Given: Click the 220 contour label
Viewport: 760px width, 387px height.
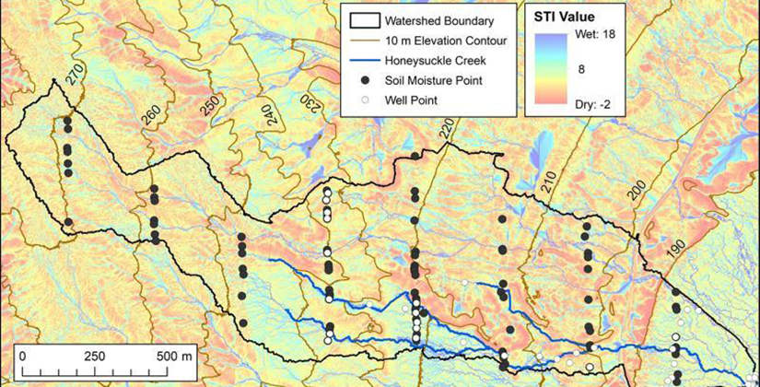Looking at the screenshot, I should click(x=447, y=130).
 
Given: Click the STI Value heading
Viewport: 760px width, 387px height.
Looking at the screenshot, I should click(x=565, y=17).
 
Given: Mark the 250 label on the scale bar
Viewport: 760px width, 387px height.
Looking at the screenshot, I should click(x=94, y=357).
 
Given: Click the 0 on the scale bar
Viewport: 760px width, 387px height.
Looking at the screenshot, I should click(x=22, y=357).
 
